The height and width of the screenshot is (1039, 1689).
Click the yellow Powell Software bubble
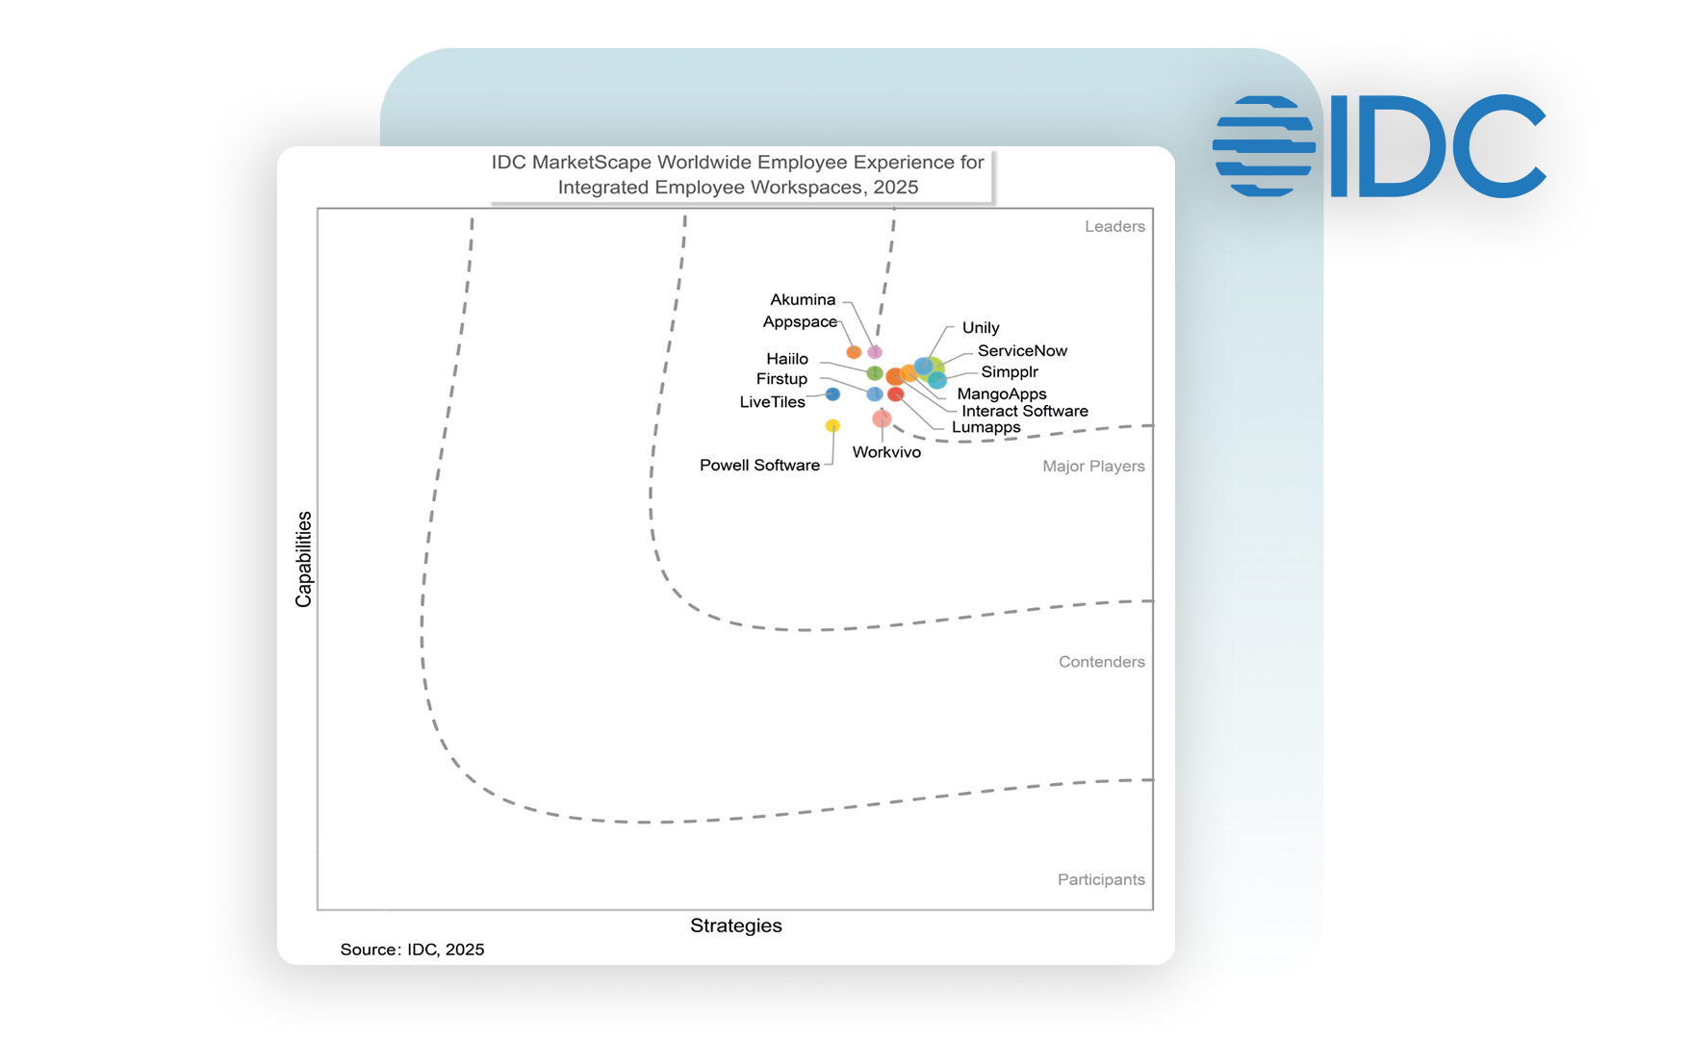point(832,425)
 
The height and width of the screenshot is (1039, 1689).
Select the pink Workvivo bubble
point(882,418)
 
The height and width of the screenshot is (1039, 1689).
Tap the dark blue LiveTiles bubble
point(832,394)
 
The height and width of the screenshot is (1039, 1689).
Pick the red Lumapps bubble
point(896,394)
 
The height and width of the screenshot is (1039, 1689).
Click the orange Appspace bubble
point(854,352)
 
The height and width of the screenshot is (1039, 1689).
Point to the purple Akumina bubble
point(875,352)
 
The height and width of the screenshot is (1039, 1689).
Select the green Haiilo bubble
point(875,373)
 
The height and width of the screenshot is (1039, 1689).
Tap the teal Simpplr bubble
point(937,380)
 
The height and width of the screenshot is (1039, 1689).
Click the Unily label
point(981,328)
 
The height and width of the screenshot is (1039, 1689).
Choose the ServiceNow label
point(1022,351)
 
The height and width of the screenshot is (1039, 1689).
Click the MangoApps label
point(1002,393)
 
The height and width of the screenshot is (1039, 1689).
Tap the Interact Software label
point(1025,411)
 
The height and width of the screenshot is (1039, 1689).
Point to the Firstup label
point(781,379)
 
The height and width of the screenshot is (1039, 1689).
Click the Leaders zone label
point(1114,227)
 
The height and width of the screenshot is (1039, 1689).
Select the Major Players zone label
point(1093,467)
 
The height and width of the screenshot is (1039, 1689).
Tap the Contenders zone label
point(1101,662)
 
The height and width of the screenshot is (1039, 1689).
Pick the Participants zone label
point(1101,879)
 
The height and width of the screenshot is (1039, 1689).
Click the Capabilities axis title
point(304,559)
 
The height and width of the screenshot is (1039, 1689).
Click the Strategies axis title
point(736,925)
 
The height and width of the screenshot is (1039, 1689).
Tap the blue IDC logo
point(1379,146)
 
